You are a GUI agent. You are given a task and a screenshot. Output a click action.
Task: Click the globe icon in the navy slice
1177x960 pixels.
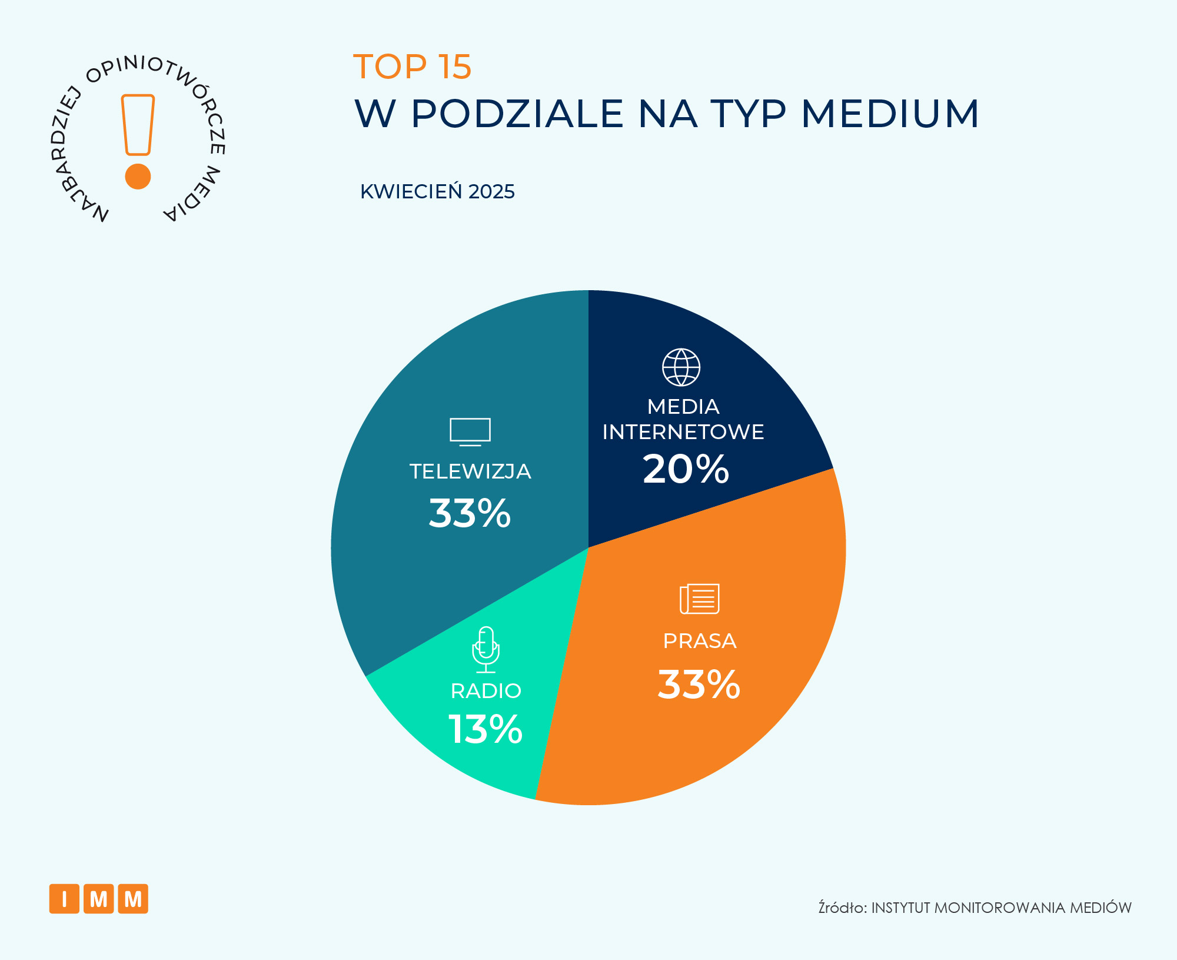tap(681, 367)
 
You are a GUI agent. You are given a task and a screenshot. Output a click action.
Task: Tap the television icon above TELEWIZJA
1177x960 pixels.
tap(470, 431)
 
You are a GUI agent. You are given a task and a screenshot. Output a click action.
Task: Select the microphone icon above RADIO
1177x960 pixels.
tap(486, 649)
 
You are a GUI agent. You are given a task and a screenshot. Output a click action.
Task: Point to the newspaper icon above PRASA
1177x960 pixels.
tap(699, 599)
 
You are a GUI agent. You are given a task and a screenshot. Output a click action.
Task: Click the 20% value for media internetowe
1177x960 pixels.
tap(686, 469)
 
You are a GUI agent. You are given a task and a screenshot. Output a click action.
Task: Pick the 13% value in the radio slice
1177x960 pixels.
tap(485, 729)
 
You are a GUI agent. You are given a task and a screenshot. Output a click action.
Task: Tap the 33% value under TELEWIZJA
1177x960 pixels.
tap(470, 513)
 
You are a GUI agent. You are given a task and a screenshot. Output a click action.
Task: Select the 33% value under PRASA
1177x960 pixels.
tap(699, 685)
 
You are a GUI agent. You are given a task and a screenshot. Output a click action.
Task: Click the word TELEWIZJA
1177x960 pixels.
tap(470, 471)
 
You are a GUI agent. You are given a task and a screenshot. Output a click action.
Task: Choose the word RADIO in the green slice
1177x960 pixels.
tap(486, 691)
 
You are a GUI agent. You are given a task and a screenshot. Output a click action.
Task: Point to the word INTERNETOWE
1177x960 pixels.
tap(683, 432)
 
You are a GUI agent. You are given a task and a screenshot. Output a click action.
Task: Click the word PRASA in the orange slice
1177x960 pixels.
tap(699, 641)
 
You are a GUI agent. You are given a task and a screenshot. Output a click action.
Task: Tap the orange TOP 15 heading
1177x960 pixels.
tap(412, 67)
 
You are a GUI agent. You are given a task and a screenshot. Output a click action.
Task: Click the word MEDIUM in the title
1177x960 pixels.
tap(890, 113)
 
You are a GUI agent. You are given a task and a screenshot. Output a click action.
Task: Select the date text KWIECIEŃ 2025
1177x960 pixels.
tap(437, 192)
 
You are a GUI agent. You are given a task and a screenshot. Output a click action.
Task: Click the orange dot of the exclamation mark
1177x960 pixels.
tap(138, 176)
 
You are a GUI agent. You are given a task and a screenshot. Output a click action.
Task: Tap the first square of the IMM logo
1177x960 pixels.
tap(64, 899)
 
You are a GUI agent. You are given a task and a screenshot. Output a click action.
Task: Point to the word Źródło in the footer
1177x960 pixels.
tap(842, 908)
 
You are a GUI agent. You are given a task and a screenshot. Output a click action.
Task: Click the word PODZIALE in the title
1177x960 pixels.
tap(517, 113)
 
